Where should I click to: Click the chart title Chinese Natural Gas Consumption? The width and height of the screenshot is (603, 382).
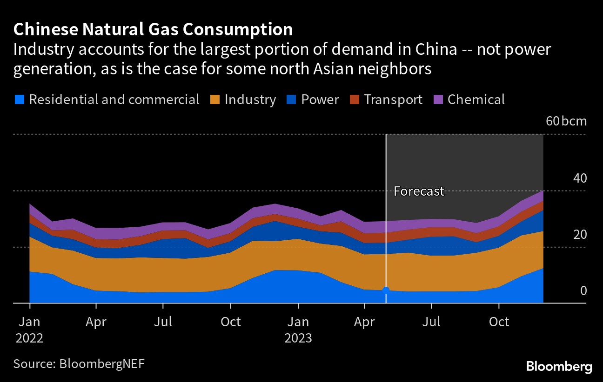click(x=153, y=30)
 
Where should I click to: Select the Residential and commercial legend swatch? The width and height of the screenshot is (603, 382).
click(x=19, y=99)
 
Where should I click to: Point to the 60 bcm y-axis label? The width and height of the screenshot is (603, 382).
click(x=566, y=122)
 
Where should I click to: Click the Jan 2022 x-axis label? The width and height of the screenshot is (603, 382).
click(x=30, y=329)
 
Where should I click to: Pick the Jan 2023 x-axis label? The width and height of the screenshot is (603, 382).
click(x=298, y=329)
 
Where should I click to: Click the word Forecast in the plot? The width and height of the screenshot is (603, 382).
click(x=419, y=191)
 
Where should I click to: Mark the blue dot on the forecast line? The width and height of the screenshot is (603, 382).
click(x=386, y=290)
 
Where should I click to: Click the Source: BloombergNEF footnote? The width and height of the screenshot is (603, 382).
click(x=79, y=363)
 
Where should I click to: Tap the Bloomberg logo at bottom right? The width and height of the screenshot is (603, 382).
click(x=559, y=366)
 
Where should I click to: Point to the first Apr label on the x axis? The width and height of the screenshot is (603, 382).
click(x=96, y=322)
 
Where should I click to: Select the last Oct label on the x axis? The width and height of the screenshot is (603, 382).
click(x=499, y=322)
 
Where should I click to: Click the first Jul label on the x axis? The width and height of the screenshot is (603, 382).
click(x=163, y=322)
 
